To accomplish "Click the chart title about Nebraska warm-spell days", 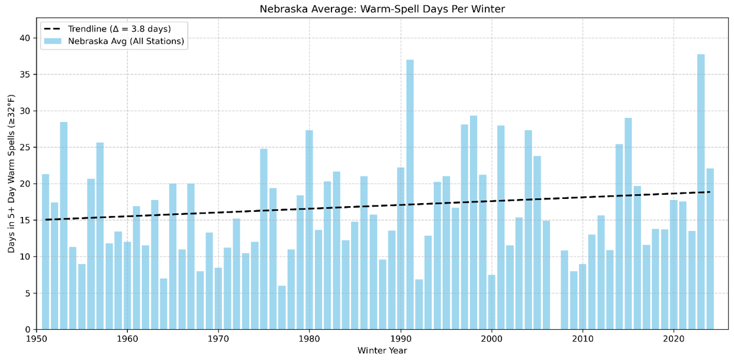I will [382, 9].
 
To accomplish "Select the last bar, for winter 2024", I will [710, 249].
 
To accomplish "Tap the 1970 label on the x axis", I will [218, 339].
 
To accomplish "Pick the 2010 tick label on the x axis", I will [582, 339].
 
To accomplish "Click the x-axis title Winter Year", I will [382, 351].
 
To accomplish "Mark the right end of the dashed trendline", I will [710, 192].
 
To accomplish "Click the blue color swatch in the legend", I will [53, 41].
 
